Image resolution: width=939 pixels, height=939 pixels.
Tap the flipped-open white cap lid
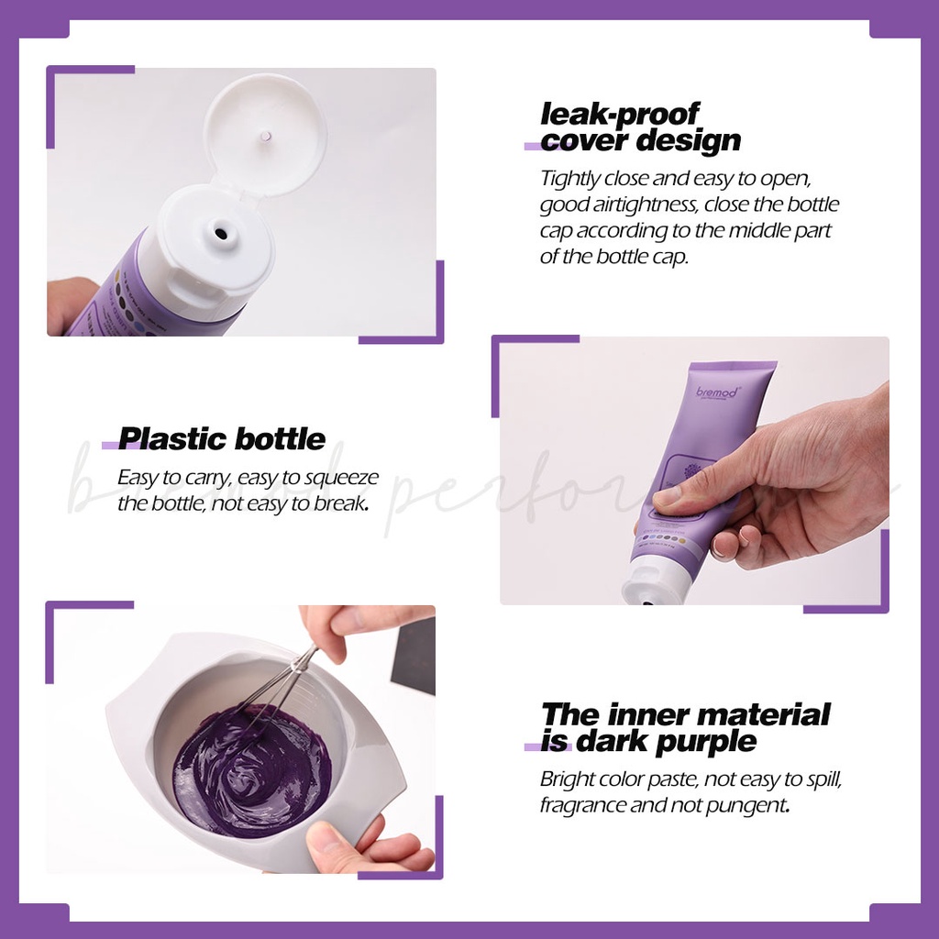(x=265, y=135)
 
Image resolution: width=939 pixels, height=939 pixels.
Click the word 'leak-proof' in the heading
(x=619, y=114)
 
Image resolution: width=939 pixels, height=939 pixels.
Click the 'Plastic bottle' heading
(x=221, y=438)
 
